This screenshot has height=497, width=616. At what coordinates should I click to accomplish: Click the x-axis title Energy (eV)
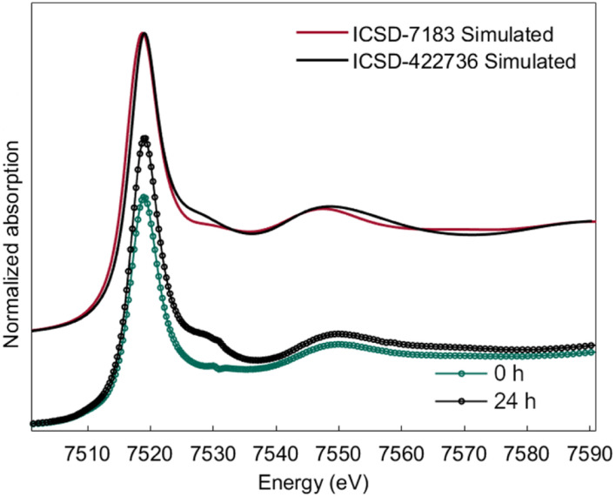pos(313,480)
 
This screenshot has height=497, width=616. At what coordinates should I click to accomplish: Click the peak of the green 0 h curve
pos(144,197)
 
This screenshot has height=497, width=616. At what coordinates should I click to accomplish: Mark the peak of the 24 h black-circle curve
pos(145,138)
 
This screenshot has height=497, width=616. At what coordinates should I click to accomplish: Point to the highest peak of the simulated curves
pos(144,34)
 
